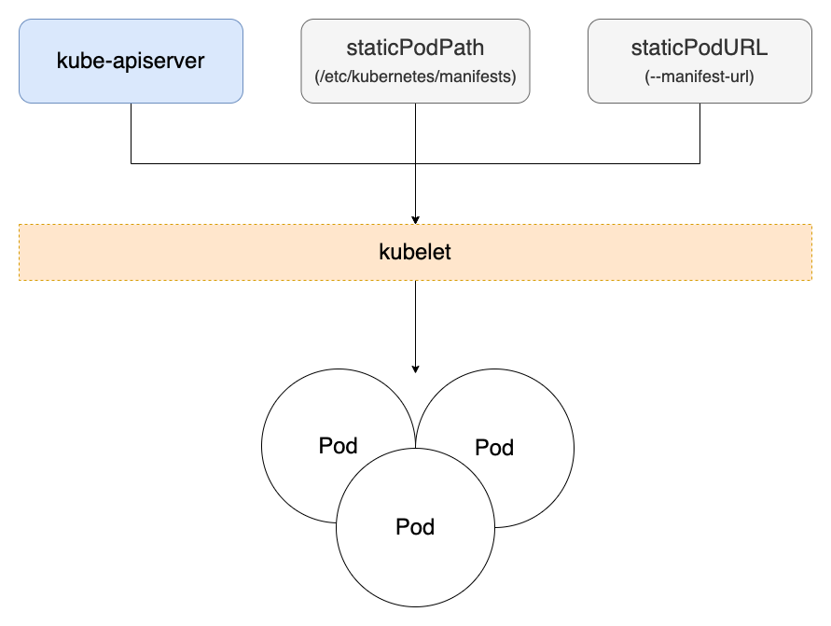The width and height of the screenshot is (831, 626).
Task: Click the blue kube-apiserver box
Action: tap(131, 62)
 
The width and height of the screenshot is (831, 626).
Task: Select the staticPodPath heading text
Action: tap(415, 49)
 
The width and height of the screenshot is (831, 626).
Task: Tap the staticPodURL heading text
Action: tap(699, 49)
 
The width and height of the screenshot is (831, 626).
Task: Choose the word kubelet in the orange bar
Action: tap(415, 252)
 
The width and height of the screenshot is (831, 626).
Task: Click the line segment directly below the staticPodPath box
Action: tap(415, 131)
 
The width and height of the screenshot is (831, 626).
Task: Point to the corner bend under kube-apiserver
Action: tap(131, 163)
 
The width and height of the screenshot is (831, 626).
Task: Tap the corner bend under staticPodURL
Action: tap(699, 163)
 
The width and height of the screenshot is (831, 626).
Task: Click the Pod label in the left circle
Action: tap(338, 446)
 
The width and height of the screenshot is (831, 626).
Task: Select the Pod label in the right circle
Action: tap(494, 448)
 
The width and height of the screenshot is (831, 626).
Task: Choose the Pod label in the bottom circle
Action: tap(415, 527)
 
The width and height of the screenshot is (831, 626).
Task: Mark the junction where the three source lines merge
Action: tap(415, 163)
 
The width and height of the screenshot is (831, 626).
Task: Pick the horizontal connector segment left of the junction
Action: tap(270, 163)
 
